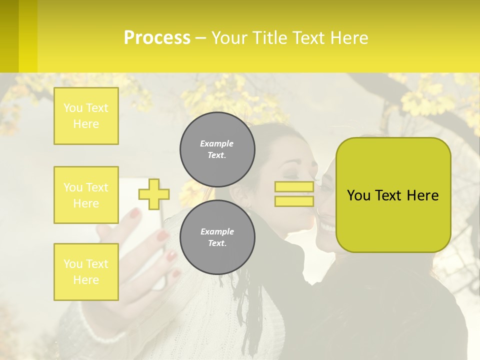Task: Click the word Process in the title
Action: point(157,38)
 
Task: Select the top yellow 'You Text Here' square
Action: point(86,116)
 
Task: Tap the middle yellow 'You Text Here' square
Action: point(86,195)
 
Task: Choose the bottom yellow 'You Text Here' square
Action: point(86,271)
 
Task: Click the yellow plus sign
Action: point(154,194)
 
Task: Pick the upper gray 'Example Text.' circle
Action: point(217,149)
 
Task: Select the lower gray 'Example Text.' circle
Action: point(217,237)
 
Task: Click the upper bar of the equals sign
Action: point(294,186)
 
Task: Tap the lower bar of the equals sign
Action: point(294,201)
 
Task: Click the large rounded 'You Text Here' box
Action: point(393,195)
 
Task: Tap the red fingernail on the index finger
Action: point(135,213)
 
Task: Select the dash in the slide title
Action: point(200,38)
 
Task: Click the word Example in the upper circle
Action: point(217,143)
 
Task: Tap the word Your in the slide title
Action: point(229,38)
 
